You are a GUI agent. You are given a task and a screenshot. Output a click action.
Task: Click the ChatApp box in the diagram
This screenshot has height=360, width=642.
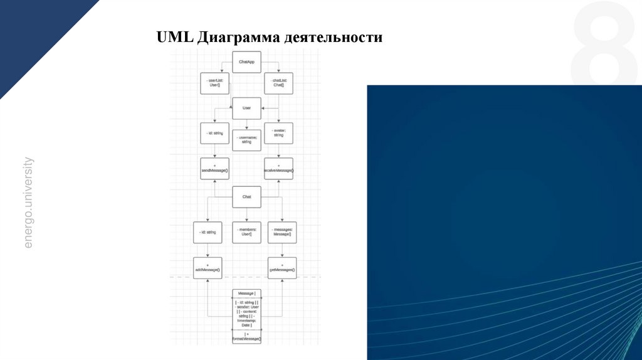246,61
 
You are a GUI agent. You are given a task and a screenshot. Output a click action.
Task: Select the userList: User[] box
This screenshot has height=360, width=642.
214,83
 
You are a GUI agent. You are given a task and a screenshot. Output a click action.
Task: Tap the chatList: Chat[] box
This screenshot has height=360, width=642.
279,83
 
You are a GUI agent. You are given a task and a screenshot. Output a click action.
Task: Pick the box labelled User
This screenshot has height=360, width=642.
246,108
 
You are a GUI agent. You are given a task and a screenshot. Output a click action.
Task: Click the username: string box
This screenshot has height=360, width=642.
246,139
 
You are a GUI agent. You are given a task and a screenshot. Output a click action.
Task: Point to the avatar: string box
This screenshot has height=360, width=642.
279,133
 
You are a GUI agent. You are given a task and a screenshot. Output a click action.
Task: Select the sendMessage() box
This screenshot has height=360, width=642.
214,169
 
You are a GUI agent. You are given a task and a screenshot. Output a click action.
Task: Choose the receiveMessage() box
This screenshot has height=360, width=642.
279,169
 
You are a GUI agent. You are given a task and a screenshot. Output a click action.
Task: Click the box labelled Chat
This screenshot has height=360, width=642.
246,197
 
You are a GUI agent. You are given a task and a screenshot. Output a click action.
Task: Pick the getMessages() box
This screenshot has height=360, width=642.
282,268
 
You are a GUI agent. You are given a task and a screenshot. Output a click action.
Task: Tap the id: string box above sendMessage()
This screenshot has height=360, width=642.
214,133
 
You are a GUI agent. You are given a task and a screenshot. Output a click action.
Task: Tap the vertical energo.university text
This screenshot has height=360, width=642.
28,203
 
